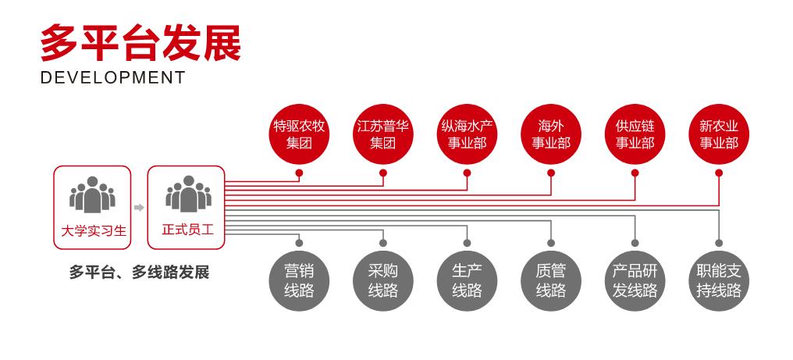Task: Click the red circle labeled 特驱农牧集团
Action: click(x=298, y=134)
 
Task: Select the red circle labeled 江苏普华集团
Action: click(x=382, y=134)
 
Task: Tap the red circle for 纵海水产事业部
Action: click(x=467, y=134)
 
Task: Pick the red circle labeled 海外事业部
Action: click(x=551, y=134)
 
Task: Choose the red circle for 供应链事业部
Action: click(x=635, y=134)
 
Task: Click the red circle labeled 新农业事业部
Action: click(x=719, y=134)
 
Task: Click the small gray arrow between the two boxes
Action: click(x=139, y=208)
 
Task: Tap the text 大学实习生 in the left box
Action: click(x=93, y=230)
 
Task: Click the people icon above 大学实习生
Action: click(x=93, y=194)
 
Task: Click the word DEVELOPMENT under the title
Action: click(x=112, y=77)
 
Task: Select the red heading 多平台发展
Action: click(x=140, y=41)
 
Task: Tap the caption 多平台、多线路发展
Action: click(x=139, y=273)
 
